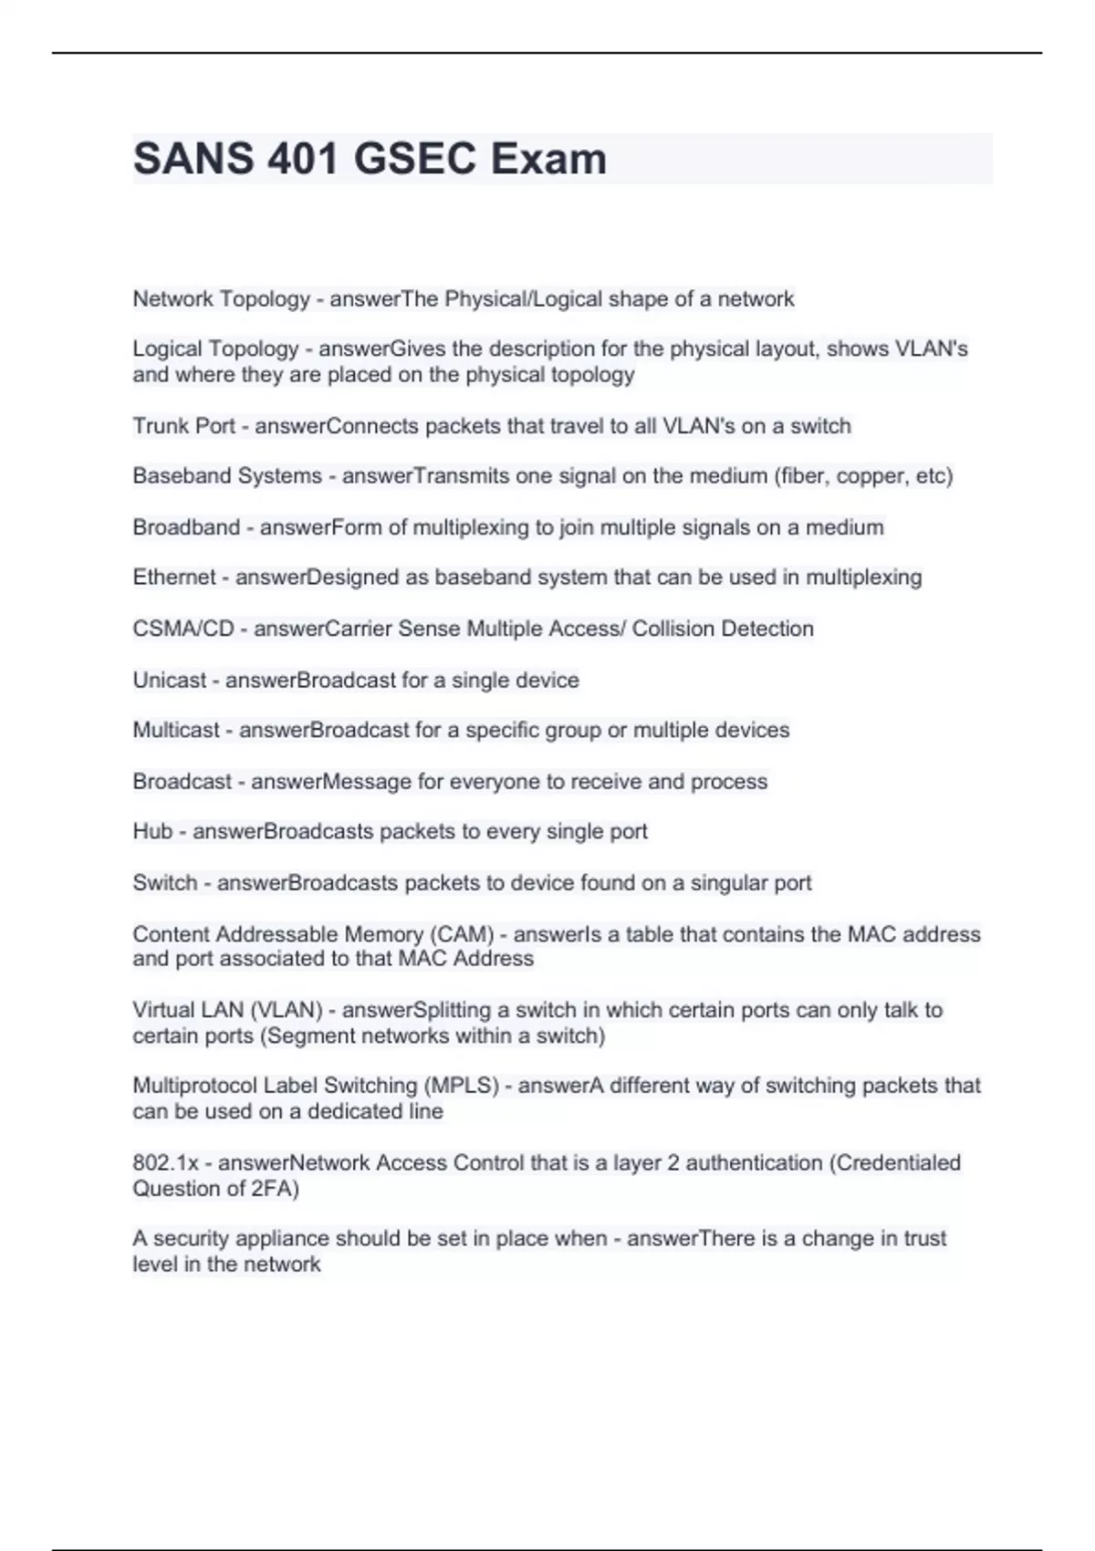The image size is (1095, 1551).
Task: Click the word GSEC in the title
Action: (415, 159)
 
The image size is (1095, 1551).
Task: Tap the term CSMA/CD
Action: (183, 629)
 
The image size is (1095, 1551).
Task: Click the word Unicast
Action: (170, 680)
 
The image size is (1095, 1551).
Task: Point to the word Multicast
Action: (176, 730)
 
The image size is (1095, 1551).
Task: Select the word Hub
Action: (152, 831)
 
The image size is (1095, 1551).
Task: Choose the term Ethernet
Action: (174, 578)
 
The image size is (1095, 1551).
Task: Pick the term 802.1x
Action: (165, 1162)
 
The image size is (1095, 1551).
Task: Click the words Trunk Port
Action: (183, 426)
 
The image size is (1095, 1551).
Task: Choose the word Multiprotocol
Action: (195, 1086)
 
